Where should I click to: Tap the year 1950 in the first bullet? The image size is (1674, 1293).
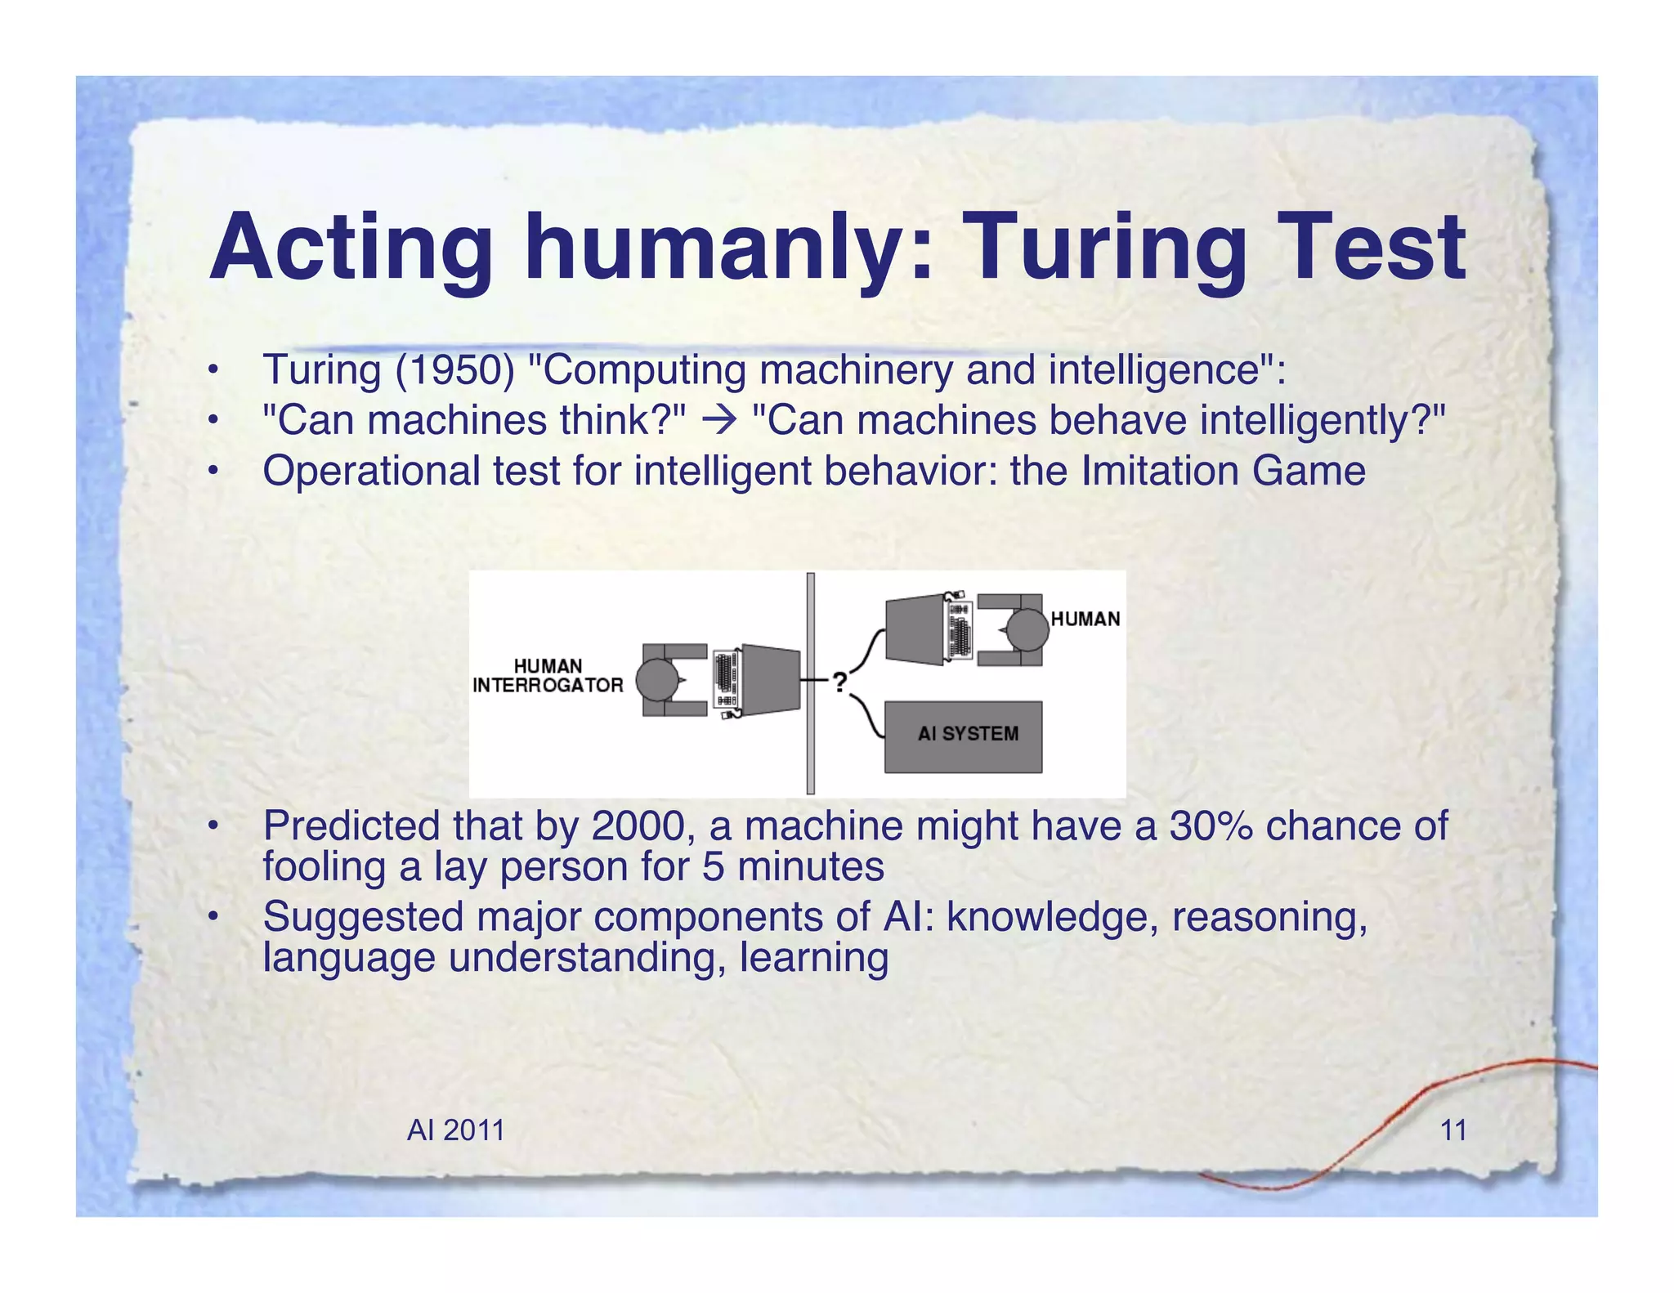[x=454, y=369]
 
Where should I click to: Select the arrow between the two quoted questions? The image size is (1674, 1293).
[x=719, y=421]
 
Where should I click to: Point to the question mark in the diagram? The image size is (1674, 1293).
[x=840, y=682]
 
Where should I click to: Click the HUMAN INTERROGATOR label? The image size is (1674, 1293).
[x=548, y=676]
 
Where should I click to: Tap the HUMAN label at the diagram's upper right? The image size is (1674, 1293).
[x=1085, y=619]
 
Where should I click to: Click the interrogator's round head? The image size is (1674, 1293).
[x=657, y=680]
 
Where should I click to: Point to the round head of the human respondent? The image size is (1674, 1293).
[x=1027, y=630]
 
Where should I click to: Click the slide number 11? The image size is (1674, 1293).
[x=1452, y=1130]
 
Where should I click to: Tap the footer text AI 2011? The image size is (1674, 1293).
[x=455, y=1130]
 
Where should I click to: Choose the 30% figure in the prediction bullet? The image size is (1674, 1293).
[x=1211, y=825]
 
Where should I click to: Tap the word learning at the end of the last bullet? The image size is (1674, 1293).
[x=813, y=958]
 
